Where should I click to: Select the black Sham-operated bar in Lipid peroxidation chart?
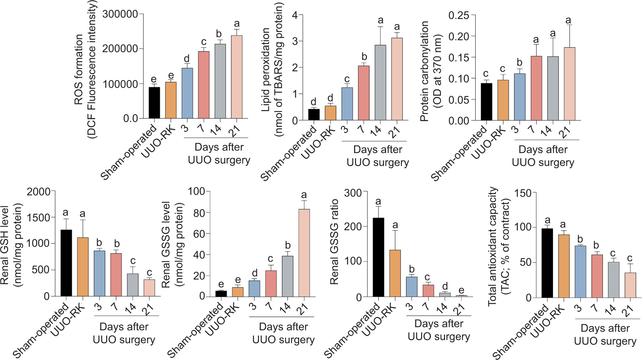pos(314,115)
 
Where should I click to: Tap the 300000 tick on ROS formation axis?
pos(120,14)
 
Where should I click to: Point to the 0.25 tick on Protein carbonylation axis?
pos(458,15)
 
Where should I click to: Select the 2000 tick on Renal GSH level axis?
pos(38,192)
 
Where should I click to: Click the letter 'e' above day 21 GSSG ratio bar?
pos(461,290)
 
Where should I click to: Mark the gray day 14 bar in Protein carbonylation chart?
pos(553,88)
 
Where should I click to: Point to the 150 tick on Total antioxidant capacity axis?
pos(523,193)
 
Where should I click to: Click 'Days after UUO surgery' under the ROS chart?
pos(219,153)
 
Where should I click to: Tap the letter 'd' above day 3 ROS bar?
pos(187,59)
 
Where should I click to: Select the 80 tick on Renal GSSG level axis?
pos(199,213)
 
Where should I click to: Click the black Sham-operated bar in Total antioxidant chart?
pos(547,263)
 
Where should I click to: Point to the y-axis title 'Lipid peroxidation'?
pos(265,70)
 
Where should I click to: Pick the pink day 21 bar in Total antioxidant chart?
pos(630,285)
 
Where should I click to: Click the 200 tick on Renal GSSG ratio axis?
pos(352,226)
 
